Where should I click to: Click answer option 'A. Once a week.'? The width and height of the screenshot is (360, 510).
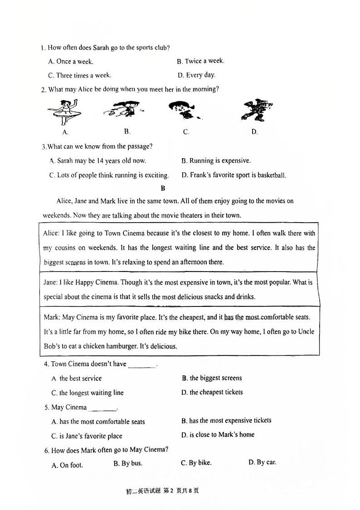70,62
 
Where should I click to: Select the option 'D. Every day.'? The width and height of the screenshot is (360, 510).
196,75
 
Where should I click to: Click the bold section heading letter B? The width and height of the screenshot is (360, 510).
163,188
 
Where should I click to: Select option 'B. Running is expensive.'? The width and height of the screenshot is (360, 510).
216,160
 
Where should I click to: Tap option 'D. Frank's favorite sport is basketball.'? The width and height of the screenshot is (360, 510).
234,175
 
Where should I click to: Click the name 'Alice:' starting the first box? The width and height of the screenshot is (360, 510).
51,233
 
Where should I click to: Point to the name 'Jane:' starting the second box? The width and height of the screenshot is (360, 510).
51,282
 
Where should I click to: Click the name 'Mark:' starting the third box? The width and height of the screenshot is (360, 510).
51,317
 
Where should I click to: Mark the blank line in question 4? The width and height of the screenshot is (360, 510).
142,365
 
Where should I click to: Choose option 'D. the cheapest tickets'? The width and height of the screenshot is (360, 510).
212,392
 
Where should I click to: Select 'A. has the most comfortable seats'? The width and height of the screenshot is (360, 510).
98,422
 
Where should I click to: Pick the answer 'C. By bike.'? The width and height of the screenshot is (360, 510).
196,463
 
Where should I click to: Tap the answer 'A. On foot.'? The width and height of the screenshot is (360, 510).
68,465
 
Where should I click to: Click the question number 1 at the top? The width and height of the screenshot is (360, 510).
42,48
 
